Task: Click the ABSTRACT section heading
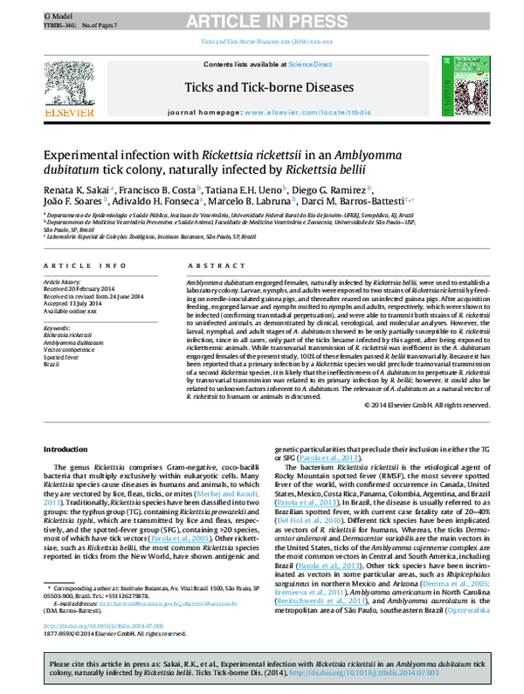208,265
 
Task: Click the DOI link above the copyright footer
84,627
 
